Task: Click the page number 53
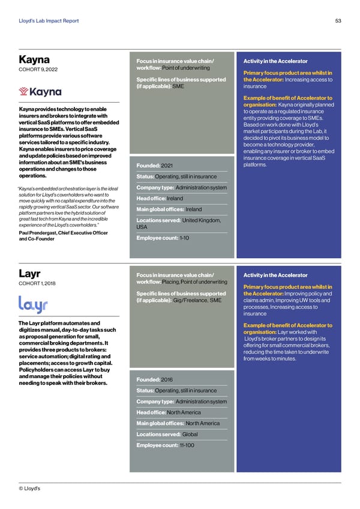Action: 338,21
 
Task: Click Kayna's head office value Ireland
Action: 175,199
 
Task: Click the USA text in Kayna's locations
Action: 143,227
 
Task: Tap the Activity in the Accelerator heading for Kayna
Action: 273,61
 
